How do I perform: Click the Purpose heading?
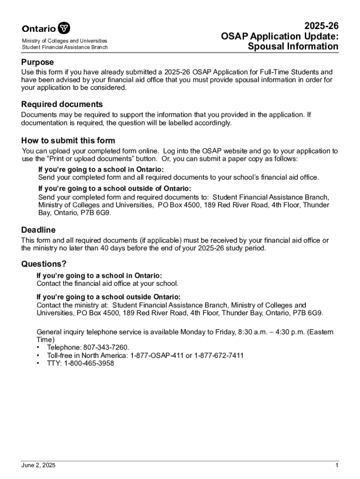37,62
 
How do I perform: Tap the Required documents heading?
62,104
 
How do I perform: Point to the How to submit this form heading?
68,141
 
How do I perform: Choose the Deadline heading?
38,230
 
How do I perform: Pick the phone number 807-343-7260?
105,348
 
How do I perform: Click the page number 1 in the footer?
336,465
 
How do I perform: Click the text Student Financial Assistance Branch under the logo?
65,47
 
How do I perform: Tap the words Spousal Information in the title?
293,46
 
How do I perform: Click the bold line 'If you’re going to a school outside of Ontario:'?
115,189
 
